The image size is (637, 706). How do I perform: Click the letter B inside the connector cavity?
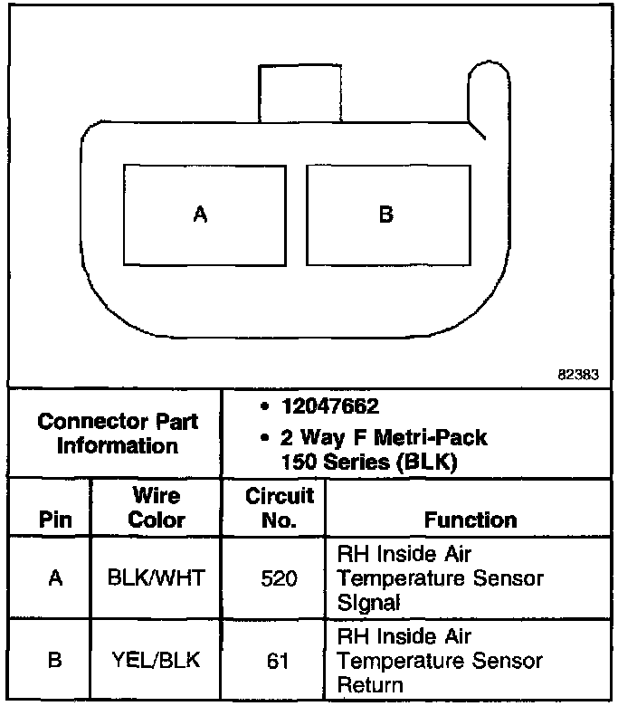[x=385, y=215]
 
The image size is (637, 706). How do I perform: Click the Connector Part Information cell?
[x=118, y=434]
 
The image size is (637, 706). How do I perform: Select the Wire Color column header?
[x=156, y=508]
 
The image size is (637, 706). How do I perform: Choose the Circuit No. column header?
[x=279, y=508]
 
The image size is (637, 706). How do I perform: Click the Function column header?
[x=471, y=520]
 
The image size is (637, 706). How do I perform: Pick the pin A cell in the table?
[x=54, y=577]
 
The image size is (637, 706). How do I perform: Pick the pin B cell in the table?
[x=54, y=661]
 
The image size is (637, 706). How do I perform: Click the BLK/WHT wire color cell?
[x=156, y=577]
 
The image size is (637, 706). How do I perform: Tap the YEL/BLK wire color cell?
[x=156, y=661]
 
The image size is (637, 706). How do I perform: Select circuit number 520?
[x=279, y=577]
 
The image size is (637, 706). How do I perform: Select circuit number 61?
[x=279, y=661]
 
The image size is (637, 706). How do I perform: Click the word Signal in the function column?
[x=368, y=601]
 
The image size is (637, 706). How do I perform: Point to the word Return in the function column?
[x=370, y=684]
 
